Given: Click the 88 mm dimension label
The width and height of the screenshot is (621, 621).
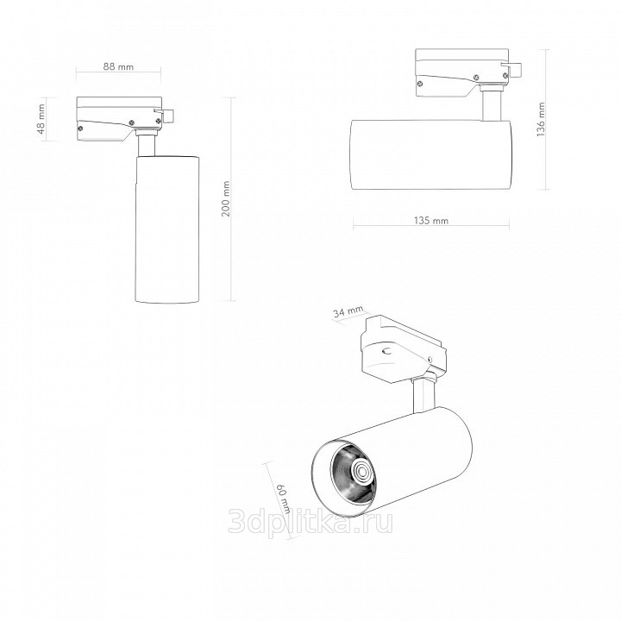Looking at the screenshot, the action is [118, 66].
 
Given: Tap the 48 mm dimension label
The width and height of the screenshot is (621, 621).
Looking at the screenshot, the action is [42, 119].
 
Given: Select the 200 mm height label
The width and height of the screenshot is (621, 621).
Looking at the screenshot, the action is [225, 198].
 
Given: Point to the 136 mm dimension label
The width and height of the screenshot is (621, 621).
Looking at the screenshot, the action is [541, 119].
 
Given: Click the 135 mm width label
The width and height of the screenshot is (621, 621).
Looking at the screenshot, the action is [431, 220].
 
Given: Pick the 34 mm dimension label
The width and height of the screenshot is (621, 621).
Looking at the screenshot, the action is [348, 311].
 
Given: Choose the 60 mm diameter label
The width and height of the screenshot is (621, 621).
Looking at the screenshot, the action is [283, 499].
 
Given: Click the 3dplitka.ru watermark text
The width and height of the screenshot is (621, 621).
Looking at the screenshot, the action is [310, 523].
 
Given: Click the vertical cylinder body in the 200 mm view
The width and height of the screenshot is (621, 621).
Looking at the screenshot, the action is [167, 229].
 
